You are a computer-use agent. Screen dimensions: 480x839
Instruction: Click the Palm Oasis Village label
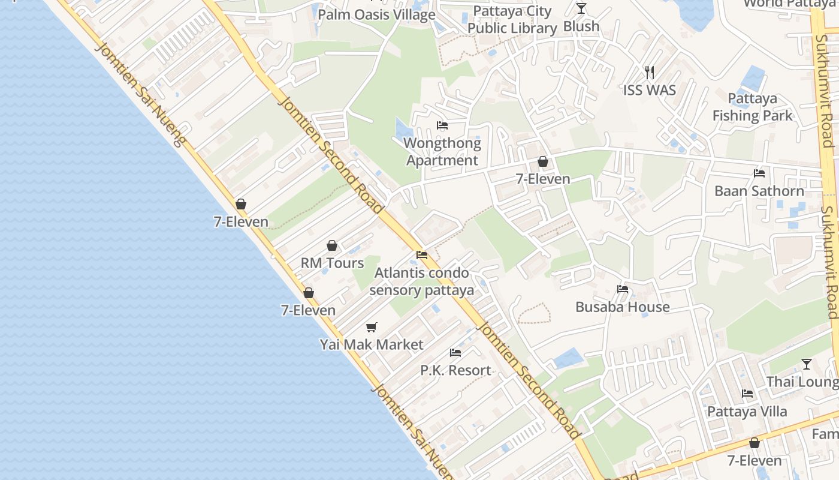376,14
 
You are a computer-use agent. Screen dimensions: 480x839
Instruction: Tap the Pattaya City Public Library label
512,20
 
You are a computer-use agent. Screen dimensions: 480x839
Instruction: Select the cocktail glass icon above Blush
581,8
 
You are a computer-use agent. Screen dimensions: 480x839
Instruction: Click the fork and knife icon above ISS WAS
650,73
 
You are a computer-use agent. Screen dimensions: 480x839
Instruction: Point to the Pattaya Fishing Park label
753,107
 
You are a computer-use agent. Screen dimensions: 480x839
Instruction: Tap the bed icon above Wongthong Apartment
442,125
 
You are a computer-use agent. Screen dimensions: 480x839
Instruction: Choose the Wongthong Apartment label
442,152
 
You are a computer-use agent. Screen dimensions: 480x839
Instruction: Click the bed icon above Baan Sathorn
759,173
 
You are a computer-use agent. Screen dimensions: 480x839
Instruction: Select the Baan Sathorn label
759,191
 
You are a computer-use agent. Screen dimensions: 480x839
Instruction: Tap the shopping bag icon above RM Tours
332,245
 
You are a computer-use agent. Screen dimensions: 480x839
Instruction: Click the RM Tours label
332,263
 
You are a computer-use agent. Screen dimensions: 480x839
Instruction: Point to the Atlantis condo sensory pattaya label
422,282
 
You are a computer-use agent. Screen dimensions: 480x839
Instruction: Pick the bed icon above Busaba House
623,289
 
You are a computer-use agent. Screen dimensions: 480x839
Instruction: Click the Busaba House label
623,307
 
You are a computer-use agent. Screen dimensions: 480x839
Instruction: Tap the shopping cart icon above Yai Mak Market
372,327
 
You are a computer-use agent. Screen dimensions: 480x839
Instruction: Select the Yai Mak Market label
372,345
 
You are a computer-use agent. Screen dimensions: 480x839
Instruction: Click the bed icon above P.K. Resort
455,353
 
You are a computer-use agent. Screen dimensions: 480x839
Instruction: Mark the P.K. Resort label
455,371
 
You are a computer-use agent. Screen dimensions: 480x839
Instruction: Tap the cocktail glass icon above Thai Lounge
807,364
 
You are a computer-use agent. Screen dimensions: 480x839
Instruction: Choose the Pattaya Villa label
747,412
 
